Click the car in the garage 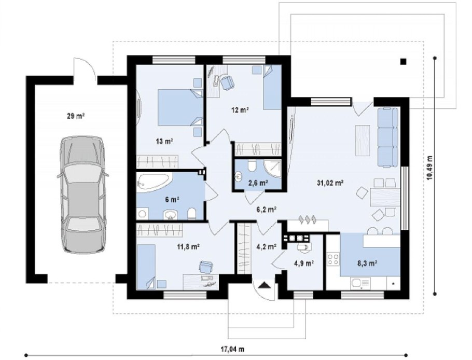[83, 195]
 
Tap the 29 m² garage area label [76, 116]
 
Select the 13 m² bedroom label [164, 141]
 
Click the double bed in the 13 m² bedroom [181, 107]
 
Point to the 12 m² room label [240, 110]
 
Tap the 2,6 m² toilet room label [258, 183]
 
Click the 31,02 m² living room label [330, 183]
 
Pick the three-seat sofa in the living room [388, 136]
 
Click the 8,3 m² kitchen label [367, 264]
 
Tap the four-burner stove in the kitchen [333, 259]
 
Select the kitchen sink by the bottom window [360, 283]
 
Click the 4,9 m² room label [304, 264]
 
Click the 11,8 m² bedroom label [188, 247]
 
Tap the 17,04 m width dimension [233, 349]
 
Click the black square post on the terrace [403, 62]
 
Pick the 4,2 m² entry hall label [267, 247]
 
